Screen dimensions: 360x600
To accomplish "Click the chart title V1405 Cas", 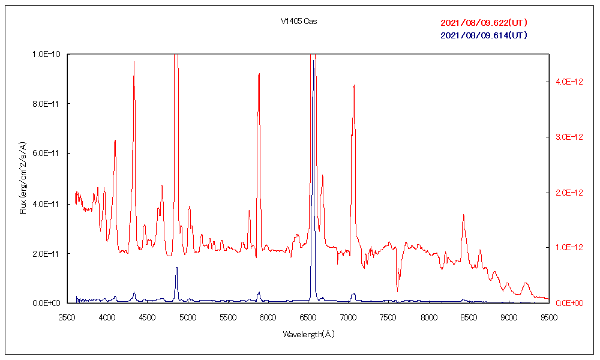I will point(299,22).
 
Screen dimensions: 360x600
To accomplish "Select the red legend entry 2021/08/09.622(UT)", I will point(484,23).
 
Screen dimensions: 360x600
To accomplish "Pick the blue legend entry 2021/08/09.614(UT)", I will point(484,35).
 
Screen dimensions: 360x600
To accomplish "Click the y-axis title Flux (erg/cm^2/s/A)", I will point(23,178).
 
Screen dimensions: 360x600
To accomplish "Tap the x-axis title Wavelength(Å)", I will point(308,334).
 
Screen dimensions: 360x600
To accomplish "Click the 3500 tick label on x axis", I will point(67,317).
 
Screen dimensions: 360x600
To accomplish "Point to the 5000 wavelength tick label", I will point(188,317).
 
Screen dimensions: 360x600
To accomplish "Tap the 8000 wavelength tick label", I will point(428,317).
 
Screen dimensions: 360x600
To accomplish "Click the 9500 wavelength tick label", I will point(548,317).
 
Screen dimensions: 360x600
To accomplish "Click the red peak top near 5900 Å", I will point(259,74).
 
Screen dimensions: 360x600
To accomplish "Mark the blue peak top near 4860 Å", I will point(176,268).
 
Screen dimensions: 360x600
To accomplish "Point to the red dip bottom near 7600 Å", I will point(397,292).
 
